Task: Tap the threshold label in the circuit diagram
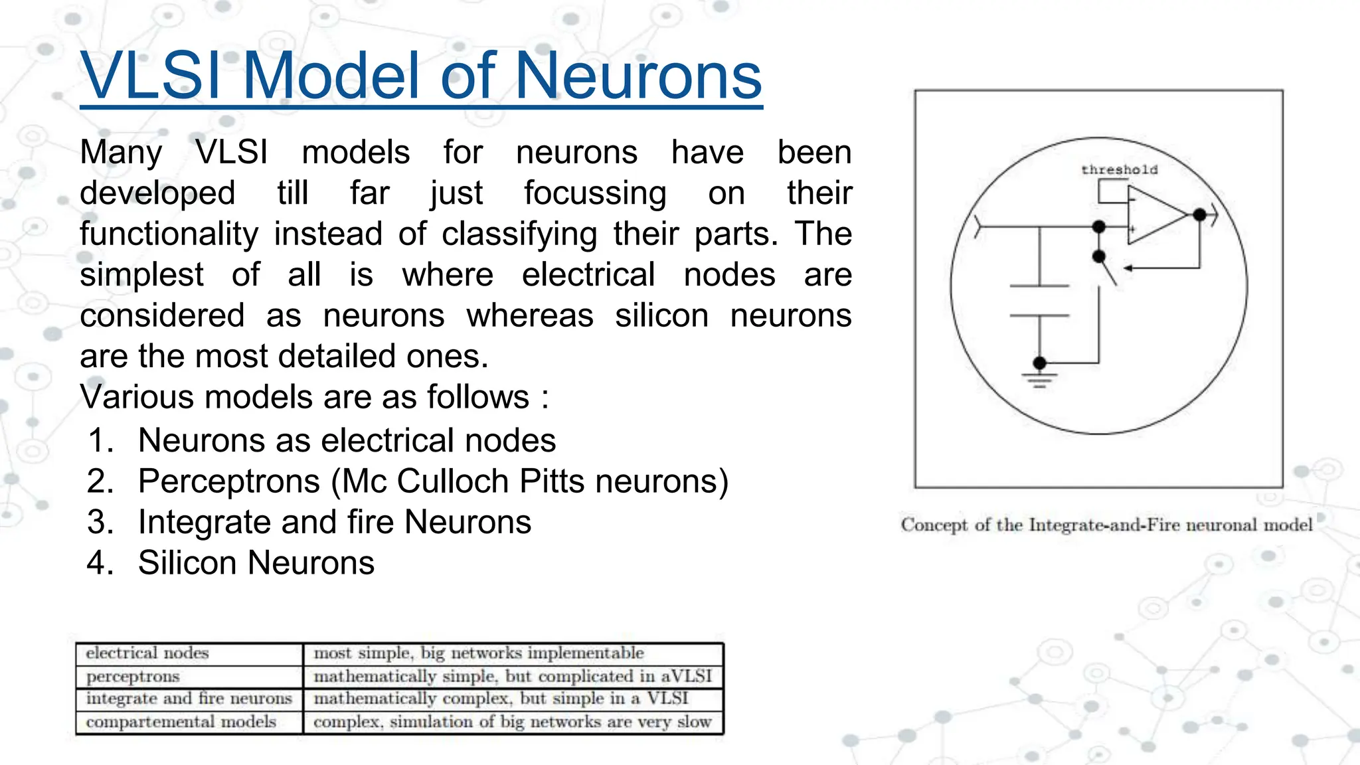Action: pyautogui.click(x=1119, y=170)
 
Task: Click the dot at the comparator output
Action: pyautogui.click(x=1199, y=214)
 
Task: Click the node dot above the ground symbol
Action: pyautogui.click(x=1040, y=363)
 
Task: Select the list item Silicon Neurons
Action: pyautogui.click(x=256, y=563)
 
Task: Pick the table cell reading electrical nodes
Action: pyautogui.click(x=147, y=653)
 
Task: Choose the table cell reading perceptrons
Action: pyautogui.click(x=133, y=677)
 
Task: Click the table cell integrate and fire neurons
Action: pyautogui.click(x=189, y=699)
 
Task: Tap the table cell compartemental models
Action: pyautogui.click(x=181, y=722)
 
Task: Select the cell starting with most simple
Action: pyautogui.click(x=478, y=653)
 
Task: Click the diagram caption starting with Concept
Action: pyautogui.click(x=1106, y=525)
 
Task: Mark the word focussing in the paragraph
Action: pyautogui.click(x=595, y=193)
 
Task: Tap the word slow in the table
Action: pyautogui.click(x=694, y=722)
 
